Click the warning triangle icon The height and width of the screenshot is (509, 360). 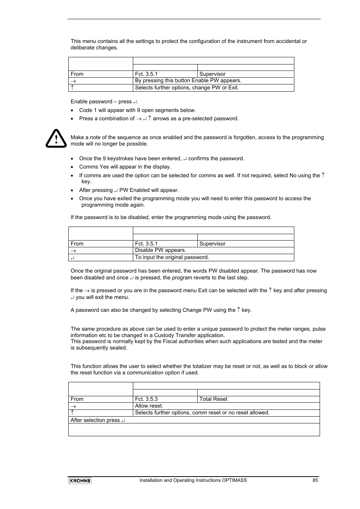tap(56, 138)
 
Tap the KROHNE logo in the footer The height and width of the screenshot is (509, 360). tap(80, 480)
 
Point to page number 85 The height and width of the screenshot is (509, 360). tap(315, 480)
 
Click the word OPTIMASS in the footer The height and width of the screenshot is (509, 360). tap(235, 480)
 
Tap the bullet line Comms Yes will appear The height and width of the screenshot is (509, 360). tap(125, 167)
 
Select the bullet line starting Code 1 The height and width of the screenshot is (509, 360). tap(137, 110)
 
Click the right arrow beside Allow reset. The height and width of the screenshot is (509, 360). tap(74, 406)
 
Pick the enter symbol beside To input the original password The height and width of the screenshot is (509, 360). tap(72, 258)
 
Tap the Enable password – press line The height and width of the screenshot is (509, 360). tap(105, 102)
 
